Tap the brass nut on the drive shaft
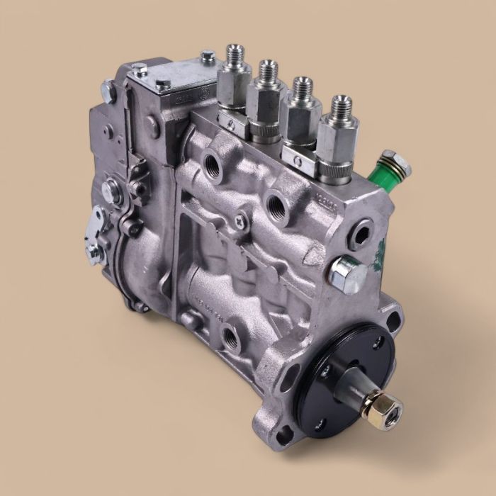click(389, 409)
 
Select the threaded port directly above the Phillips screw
click(276, 205)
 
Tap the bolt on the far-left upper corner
click(106, 89)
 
